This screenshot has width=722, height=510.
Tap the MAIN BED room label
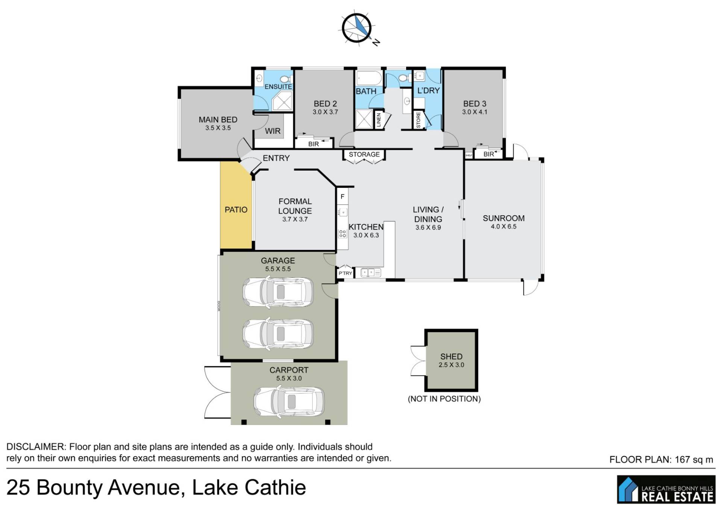tap(218, 120)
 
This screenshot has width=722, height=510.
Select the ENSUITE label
tap(278, 86)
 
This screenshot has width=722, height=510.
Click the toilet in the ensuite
tap(286, 79)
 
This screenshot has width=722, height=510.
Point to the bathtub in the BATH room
tap(369, 78)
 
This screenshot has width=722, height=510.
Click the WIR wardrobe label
tap(273, 131)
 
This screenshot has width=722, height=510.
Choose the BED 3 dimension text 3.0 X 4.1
tap(475, 112)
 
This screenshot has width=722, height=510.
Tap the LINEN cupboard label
tap(379, 120)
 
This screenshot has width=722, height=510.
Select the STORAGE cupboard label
tap(364, 154)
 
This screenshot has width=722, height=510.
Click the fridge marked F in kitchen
tap(343, 197)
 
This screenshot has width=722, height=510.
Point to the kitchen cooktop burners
tap(343, 234)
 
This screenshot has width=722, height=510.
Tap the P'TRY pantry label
tap(345, 273)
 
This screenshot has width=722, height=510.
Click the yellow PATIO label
tap(236, 210)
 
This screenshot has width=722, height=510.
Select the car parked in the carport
tap(289, 402)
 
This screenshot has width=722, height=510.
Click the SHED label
tap(451, 356)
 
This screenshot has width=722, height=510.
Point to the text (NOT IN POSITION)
tap(444, 399)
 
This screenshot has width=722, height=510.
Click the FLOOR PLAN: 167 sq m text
tap(661, 459)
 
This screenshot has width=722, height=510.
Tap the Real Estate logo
tap(666, 489)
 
